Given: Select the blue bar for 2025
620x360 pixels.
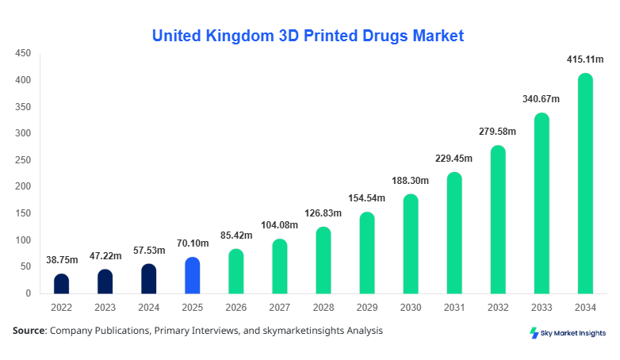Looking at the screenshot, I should tap(192, 275).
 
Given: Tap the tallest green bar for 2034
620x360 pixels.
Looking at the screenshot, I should tap(585, 184).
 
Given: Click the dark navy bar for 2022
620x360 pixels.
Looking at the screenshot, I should tap(61, 284).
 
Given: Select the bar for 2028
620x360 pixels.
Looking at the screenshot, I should tap(323, 260).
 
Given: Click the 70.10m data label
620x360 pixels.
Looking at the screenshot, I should tap(192, 243).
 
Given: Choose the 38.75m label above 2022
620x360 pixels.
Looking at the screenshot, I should tap(61, 259).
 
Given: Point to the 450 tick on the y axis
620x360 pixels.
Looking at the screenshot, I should tap(23, 53).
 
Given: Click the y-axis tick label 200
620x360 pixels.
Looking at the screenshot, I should tap(23, 186).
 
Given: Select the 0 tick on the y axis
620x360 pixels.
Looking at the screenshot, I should tap(28, 293).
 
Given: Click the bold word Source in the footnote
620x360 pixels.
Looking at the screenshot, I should tap(29, 330).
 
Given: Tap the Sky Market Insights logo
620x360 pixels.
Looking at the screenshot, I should tap(568, 333).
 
